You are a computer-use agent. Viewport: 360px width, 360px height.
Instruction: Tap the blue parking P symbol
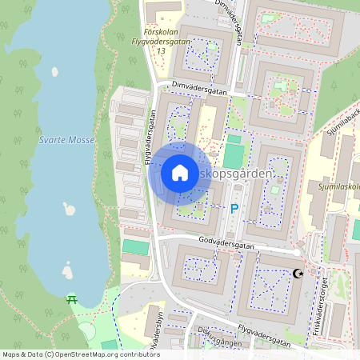click(234, 209)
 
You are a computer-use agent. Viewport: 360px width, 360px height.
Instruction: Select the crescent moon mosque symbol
click(299, 274)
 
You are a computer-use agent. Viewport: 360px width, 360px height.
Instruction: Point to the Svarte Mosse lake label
click(66, 140)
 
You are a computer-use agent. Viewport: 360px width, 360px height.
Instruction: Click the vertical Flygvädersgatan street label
click(149, 138)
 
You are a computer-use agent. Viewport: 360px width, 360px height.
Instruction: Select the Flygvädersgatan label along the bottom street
click(261, 339)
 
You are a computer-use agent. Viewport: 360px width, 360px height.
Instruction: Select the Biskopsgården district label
click(244, 173)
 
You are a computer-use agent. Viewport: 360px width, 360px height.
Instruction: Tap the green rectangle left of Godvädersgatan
click(135, 247)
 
